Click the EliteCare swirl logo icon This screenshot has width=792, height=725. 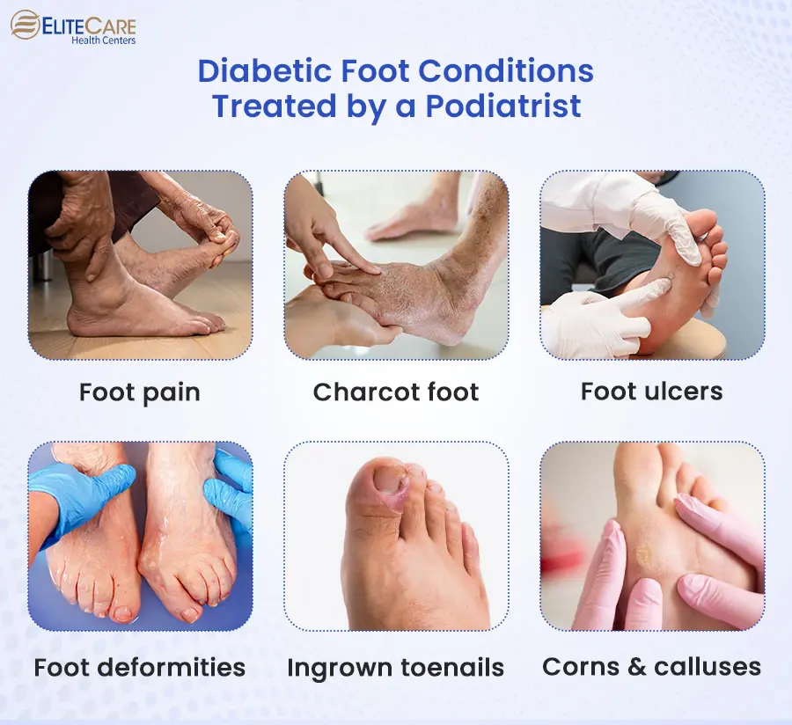[x=26, y=25]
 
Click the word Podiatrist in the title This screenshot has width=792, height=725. [x=503, y=106]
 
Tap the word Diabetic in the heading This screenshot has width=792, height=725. [x=264, y=70]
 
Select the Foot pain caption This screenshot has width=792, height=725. [x=140, y=392]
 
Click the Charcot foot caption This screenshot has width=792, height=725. [x=396, y=392]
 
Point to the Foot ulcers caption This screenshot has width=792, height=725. [x=651, y=392]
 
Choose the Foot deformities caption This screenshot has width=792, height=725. [x=140, y=668]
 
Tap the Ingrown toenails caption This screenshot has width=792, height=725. [x=396, y=668]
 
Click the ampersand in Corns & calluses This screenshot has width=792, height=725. [x=637, y=667]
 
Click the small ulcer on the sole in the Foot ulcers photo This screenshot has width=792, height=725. [x=671, y=276]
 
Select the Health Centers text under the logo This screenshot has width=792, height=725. [x=104, y=40]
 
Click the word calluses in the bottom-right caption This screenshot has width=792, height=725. [x=708, y=667]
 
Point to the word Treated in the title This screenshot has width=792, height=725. [x=274, y=106]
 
